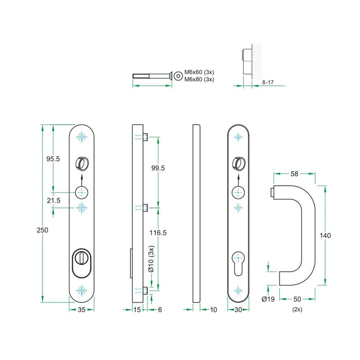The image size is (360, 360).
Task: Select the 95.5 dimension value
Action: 52,159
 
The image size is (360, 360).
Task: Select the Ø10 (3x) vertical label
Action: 151,260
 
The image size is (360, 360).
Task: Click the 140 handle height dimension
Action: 325,235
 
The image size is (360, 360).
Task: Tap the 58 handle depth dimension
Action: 295,174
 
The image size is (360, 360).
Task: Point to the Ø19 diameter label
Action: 267,299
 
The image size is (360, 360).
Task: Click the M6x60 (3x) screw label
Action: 199,73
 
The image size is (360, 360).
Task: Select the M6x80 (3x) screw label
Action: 199,79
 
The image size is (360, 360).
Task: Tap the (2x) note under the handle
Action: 297,310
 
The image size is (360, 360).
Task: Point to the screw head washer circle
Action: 177,76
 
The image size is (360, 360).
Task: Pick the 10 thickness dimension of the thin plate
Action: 213,310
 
